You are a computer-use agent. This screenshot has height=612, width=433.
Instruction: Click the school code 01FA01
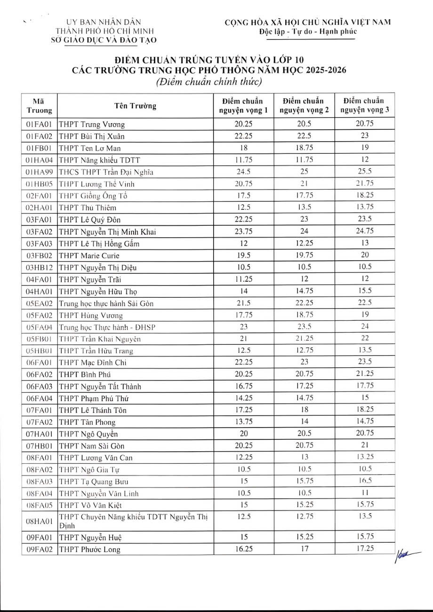pyautogui.click(x=39, y=125)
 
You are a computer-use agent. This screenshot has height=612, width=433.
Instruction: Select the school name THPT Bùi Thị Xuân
pyautogui.click(x=91, y=136)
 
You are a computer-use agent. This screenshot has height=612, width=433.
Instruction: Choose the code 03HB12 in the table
pyautogui.click(x=39, y=267)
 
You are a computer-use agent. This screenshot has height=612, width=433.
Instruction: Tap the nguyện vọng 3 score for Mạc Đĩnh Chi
pyautogui.click(x=365, y=362)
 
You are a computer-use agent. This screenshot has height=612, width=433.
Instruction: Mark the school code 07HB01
pyautogui.click(x=39, y=445)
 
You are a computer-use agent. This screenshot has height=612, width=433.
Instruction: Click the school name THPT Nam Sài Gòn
pyautogui.click(x=92, y=445)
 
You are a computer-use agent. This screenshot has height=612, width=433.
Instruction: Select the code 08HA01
pyautogui.click(x=39, y=520)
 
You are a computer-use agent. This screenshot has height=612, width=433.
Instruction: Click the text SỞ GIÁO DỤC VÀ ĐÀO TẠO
pyautogui.click(x=104, y=40)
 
